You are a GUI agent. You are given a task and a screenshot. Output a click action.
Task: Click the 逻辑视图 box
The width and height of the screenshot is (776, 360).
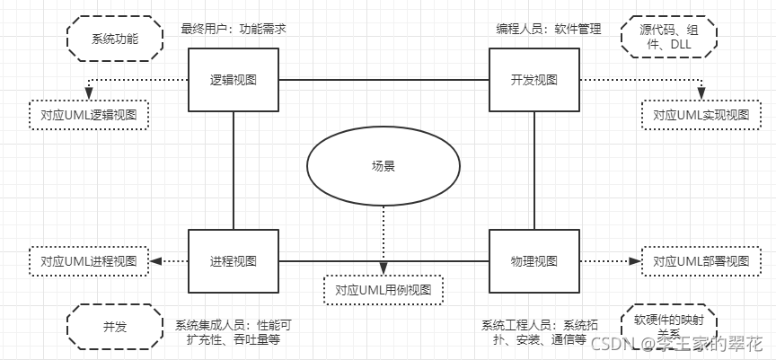click(x=234, y=80)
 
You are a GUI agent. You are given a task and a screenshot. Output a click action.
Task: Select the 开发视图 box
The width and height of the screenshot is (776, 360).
click(x=533, y=80)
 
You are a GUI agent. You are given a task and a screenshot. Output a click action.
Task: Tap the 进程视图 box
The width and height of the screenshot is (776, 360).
click(x=234, y=261)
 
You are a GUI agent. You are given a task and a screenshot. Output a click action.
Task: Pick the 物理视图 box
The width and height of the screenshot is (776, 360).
click(x=533, y=261)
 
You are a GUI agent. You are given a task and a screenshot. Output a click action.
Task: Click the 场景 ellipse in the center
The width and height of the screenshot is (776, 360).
click(x=384, y=167)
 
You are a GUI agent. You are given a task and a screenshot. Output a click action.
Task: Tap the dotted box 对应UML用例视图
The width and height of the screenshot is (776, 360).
click(x=384, y=290)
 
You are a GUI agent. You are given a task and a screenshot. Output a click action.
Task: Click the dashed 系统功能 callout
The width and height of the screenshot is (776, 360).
click(x=116, y=40)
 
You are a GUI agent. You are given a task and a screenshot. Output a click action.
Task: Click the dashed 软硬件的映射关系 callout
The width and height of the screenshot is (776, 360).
click(x=664, y=325)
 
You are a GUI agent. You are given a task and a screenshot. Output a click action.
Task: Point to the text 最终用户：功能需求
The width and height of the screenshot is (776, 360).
click(x=234, y=29)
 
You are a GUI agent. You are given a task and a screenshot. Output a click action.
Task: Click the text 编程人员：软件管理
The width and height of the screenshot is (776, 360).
click(x=549, y=29)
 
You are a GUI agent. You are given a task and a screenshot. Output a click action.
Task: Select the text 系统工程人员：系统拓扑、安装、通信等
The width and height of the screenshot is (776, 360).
click(x=533, y=333)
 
